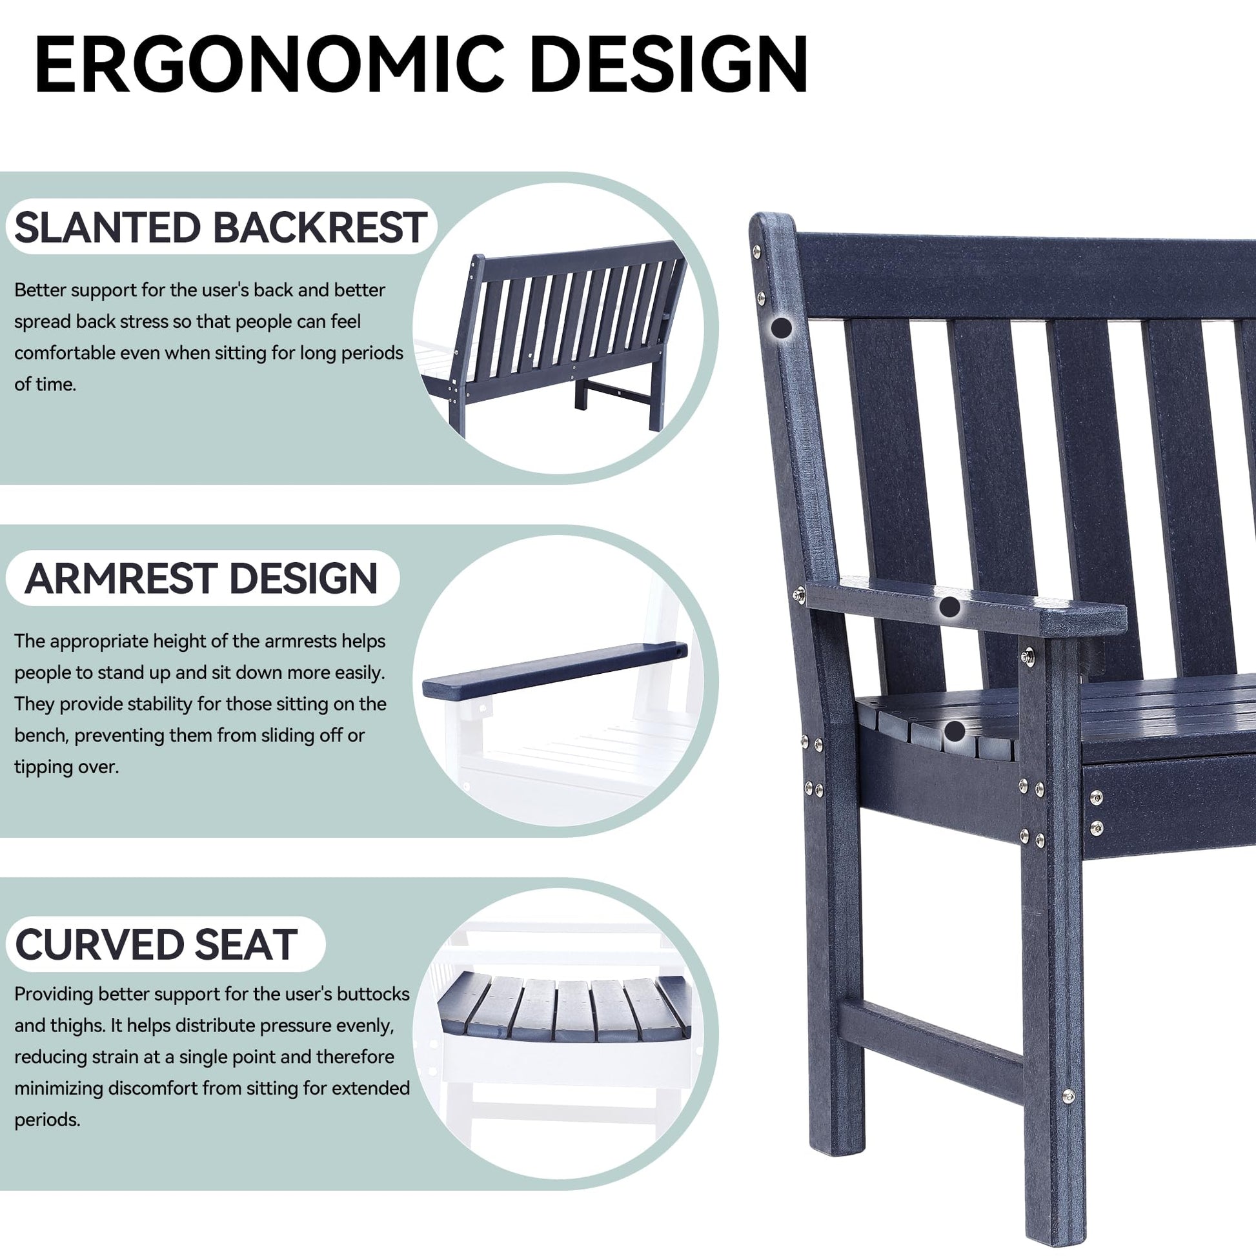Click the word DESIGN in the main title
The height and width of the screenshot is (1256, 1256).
pyautogui.click(x=669, y=66)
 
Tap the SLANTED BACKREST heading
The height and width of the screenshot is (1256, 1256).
pyautogui.click(x=220, y=228)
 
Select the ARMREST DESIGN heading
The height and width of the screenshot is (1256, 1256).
pyautogui.click(x=201, y=578)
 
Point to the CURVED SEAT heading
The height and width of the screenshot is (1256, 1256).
pyautogui.click(x=156, y=945)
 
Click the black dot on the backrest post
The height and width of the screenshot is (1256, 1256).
pyautogui.click(x=782, y=327)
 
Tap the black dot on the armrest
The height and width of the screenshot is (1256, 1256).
pyautogui.click(x=951, y=607)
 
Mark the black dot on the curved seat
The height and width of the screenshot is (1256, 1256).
pyautogui.click(x=955, y=731)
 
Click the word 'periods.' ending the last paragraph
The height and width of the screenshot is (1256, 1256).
pyautogui.click(x=47, y=1120)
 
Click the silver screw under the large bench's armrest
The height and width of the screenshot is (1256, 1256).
pyautogui.click(x=1028, y=657)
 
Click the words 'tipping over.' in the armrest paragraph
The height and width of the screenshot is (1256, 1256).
pyautogui.click(x=66, y=767)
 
